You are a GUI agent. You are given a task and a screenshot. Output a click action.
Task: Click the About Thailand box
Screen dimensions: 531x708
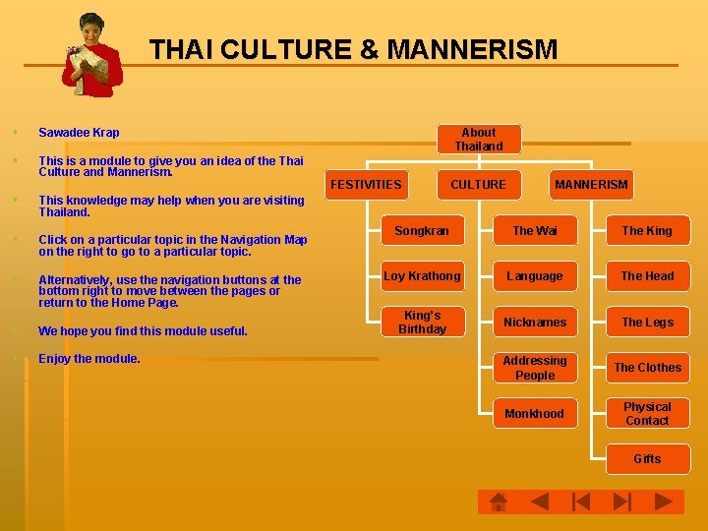click(x=478, y=139)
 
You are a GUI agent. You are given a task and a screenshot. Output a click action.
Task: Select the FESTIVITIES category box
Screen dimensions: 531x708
click(x=366, y=184)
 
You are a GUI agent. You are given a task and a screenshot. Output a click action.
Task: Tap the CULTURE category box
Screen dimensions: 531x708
click(x=478, y=184)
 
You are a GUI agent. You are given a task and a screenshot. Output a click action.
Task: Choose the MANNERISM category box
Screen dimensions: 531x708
click(x=591, y=184)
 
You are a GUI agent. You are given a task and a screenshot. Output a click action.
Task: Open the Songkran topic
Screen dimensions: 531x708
click(x=422, y=231)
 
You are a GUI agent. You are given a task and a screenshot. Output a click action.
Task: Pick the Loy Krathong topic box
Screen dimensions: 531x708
click(x=422, y=276)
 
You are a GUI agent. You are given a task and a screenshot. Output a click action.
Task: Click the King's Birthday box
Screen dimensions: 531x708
click(x=422, y=322)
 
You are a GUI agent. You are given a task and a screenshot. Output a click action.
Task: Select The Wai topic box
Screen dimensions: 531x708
click(x=535, y=231)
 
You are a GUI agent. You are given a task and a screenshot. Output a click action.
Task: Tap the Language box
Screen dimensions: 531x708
click(x=535, y=276)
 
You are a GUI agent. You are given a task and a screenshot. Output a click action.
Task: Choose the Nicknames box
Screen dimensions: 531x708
click(x=535, y=322)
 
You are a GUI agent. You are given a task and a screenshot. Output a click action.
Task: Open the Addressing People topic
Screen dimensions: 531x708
click(x=535, y=368)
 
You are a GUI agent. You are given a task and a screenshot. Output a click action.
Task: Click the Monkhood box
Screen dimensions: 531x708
click(x=535, y=413)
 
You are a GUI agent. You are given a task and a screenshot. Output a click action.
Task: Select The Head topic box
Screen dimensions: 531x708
click(x=647, y=276)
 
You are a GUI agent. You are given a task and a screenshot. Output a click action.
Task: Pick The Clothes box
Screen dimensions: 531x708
click(x=647, y=368)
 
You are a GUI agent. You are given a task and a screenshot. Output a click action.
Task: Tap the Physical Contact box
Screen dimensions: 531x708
click(x=647, y=413)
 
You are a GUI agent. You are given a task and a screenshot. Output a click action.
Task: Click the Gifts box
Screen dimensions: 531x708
click(x=647, y=459)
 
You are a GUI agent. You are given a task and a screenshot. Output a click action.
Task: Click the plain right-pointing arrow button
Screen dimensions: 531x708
click(x=666, y=501)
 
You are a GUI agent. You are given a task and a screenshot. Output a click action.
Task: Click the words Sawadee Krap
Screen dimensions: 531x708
click(x=79, y=133)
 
